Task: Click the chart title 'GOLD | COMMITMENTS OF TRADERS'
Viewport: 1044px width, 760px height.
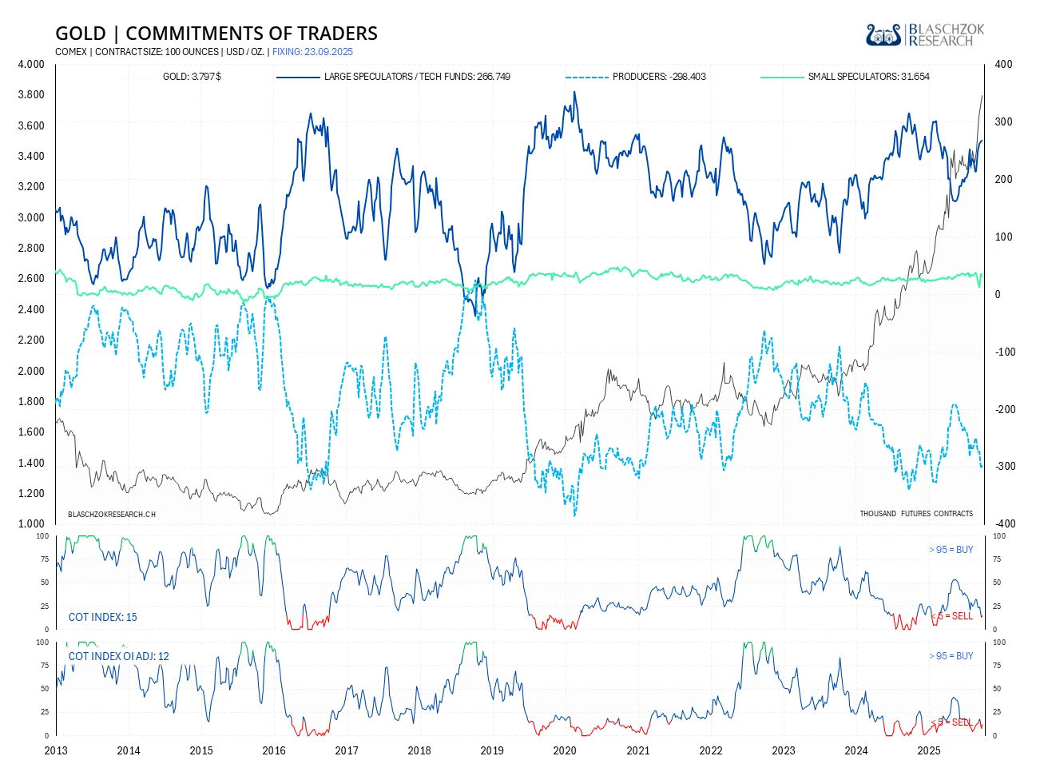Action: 216,34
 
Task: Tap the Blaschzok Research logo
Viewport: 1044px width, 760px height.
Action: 925,34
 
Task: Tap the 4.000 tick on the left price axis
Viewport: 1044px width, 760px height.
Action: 31,64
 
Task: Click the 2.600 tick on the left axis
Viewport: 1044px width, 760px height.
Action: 31,278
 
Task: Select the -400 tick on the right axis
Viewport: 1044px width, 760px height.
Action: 1004,524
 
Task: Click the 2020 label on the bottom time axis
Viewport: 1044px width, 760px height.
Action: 565,750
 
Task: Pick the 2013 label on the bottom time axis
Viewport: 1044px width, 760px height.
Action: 56,750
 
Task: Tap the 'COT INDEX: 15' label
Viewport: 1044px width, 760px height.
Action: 103,617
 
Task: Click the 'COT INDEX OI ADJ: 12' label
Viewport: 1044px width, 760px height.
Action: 119,656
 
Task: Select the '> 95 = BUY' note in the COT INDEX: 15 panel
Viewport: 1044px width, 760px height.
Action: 951,550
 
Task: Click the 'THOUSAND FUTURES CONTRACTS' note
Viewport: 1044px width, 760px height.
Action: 916,513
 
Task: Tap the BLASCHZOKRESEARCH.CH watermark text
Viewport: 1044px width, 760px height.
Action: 112,514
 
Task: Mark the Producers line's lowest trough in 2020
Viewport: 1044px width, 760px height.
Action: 574,515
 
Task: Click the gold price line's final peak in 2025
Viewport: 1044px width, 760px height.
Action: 982,96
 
